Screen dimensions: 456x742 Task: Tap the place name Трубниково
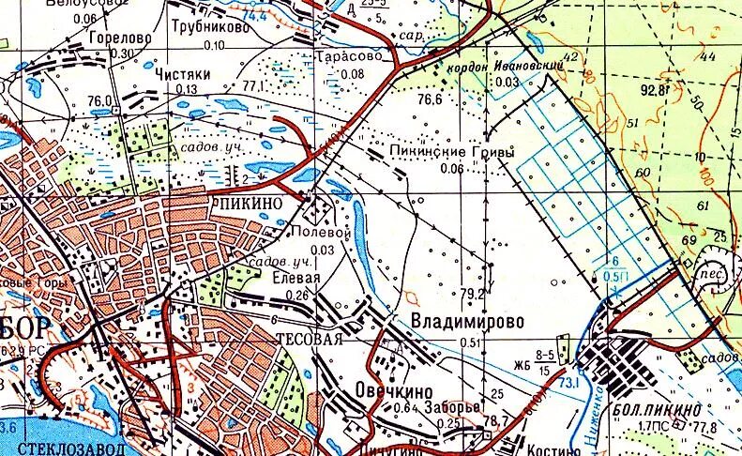click(x=209, y=29)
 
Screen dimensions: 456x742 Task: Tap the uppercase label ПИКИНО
click(x=250, y=202)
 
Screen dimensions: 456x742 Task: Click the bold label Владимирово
click(x=467, y=321)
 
